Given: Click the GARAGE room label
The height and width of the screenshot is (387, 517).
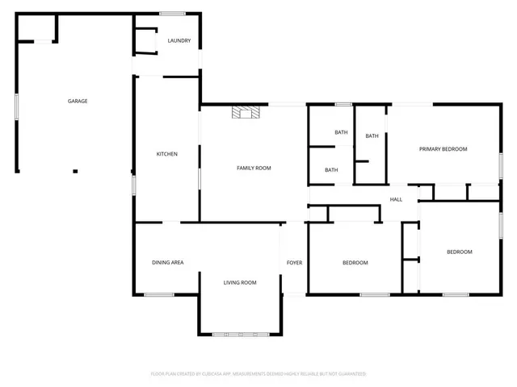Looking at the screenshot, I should pyautogui.click(x=78, y=101).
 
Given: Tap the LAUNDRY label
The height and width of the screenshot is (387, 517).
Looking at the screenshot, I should pyautogui.click(x=179, y=41).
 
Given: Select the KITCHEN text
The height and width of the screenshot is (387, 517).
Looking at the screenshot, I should pyautogui.click(x=166, y=154).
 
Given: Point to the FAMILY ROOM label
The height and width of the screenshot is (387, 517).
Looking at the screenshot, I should pyautogui.click(x=253, y=168).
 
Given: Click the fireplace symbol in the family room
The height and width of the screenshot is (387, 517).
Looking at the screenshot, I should pyautogui.click(x=245, y=113).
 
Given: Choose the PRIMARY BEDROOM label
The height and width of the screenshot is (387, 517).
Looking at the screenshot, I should pyautogui.click(x=442, y=149).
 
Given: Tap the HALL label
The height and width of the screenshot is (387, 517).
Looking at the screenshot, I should pyautogui.click(x=396, y=199).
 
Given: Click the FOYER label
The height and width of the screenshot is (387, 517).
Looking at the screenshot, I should pyautogui.click(x=294, y=263).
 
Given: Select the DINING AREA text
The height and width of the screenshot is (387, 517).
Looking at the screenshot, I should pyautogui.click(x=168, y=263).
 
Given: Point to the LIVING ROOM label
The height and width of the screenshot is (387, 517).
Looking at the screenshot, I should pyautogui.click(x=240, y=282).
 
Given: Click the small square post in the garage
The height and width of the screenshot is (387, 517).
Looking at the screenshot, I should pyautogui.click(x=75, y=171).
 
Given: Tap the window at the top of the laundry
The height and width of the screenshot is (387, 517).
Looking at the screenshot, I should pyautogui.click(x=170, y=13).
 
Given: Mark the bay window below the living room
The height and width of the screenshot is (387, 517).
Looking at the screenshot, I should pyautogui.click(x=240, y=334).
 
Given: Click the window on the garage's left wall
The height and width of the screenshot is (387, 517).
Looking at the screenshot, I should pyautogui.click(x=16, y=107).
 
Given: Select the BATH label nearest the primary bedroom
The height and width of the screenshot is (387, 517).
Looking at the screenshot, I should pyautogui.click(x=372, y=135).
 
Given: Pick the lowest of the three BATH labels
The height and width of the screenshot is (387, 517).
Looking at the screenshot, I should pyautogui.click(x=331, y=170).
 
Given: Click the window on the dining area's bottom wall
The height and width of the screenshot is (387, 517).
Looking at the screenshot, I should pyautogui.click(x=159, y=294).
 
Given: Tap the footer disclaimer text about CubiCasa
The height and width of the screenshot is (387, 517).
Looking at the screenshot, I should pyautogui.click(x=258, y=374).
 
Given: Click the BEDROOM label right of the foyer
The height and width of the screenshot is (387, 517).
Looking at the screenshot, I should pyautogui.click(x=355, y=263).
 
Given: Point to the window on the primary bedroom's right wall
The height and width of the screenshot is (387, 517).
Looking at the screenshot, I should pyautogui.click(x=500, y=163).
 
